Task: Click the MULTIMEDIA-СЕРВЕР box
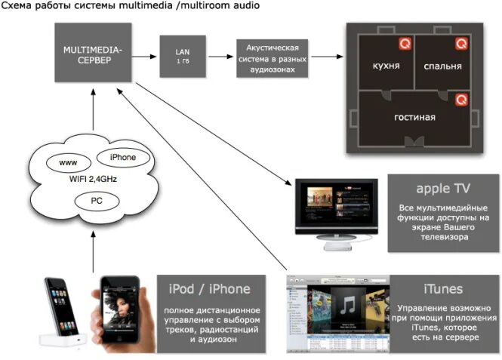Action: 91,54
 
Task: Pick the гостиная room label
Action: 414,118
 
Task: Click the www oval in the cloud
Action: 69,162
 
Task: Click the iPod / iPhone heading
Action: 205,289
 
